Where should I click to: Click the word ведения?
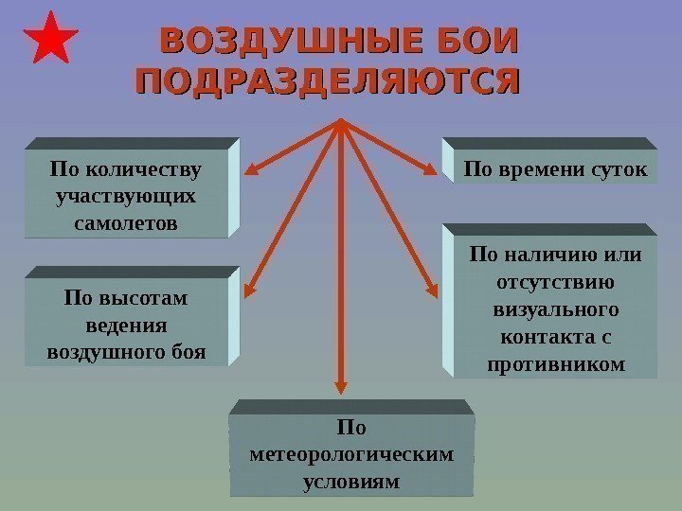coord(125,325)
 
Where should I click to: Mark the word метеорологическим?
coord(350,454)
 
